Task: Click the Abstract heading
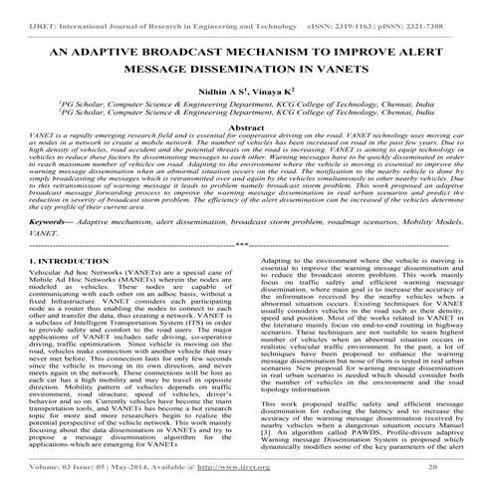245,129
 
